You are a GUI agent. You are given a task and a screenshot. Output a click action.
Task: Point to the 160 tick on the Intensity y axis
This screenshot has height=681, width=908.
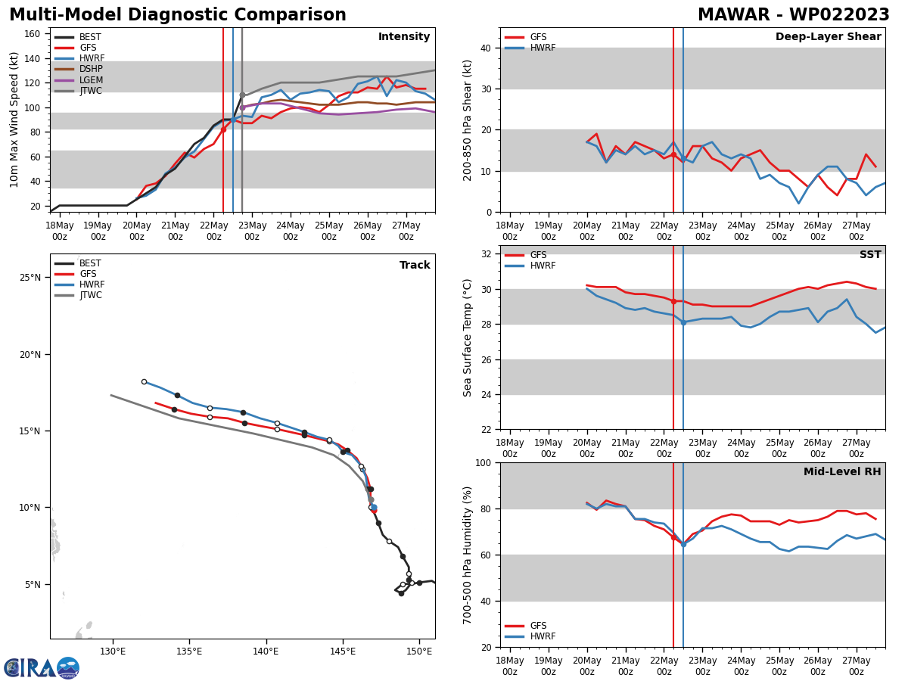tap(34, 34)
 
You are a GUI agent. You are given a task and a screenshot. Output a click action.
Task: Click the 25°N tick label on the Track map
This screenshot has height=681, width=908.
tap(31, 278)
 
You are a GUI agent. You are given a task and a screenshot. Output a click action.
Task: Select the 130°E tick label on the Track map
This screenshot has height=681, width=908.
tap(112, 651)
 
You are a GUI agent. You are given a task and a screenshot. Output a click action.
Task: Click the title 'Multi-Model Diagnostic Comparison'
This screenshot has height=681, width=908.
tap(178, 15)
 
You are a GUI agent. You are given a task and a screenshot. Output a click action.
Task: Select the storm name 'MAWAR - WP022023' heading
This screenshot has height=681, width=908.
tap(793, 15)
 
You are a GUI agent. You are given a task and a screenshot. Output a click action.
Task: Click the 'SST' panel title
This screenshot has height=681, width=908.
tap(870, 255)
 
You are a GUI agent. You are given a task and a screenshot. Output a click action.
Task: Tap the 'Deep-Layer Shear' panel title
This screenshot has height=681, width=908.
tap(828, 37)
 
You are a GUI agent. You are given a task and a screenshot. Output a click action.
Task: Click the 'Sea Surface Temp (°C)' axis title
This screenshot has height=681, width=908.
tap(468, 337)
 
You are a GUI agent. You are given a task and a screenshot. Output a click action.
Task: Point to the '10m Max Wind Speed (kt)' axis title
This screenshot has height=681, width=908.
tap(15, 120)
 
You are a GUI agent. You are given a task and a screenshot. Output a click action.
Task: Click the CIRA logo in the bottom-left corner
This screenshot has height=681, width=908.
tap(42, 667)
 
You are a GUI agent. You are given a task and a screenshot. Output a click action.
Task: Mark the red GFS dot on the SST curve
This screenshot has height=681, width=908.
tap(673, 301)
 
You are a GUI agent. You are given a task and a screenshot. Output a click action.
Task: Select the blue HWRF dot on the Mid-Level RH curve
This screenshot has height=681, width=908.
tap(683, 544)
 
